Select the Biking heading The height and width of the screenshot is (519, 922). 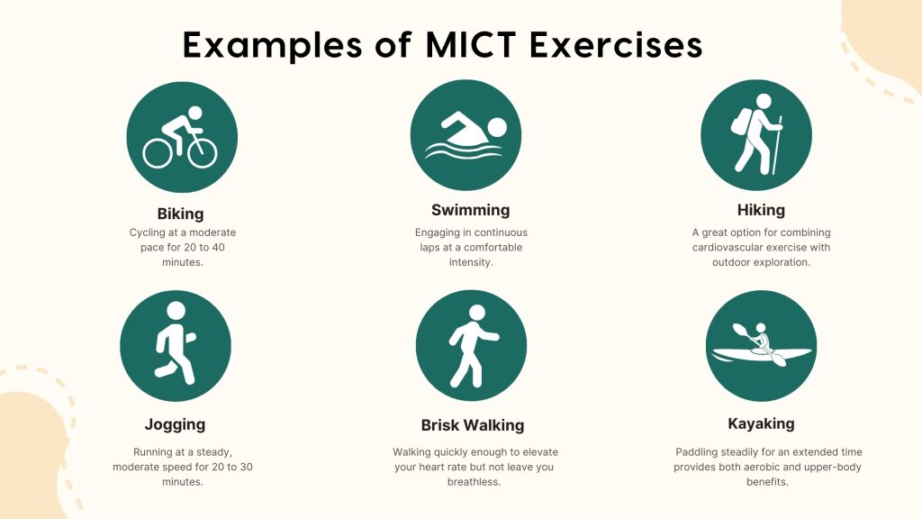(180, 214)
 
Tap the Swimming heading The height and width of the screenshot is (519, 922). (470, 210)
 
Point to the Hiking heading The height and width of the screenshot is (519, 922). (761, 210)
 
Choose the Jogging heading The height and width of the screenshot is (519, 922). (175, 424)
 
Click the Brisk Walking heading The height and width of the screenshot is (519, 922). (472, 425)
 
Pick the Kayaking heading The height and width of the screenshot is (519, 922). (761, 423)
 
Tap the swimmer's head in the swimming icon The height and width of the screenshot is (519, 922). (496, 128)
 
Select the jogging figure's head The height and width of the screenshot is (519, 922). (176, 310)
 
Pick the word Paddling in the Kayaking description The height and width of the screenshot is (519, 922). (696, 451)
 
